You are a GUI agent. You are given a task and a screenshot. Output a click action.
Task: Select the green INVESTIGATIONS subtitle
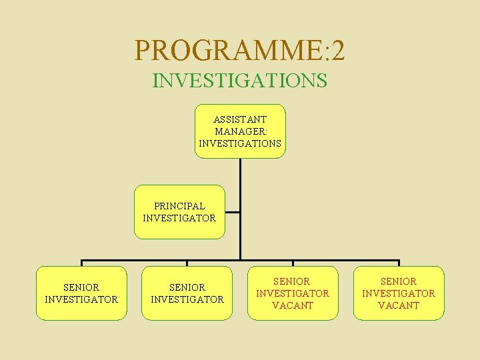[240, 81]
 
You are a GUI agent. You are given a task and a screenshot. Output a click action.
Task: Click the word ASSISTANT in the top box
[240, 119]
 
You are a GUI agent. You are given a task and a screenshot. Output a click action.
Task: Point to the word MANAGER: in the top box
[240, 131]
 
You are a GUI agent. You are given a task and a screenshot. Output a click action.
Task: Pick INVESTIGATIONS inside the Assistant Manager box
[240, 143]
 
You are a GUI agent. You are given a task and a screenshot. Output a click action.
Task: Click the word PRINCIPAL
[179, 206]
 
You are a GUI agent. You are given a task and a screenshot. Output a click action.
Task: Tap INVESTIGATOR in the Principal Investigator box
[179, 218]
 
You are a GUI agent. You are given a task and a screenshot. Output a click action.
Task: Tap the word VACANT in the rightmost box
[399, 305]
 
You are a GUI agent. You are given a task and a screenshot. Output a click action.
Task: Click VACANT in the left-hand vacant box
[293, 305]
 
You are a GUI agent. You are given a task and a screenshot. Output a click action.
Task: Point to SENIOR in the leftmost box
[81, 287]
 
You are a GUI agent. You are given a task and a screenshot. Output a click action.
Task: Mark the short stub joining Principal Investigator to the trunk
[233, 213]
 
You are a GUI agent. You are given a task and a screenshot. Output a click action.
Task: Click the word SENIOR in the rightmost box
[399, 281]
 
